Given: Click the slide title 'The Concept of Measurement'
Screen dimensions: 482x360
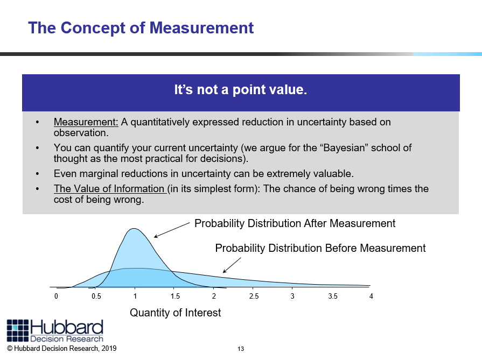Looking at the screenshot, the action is [x=141, y=28].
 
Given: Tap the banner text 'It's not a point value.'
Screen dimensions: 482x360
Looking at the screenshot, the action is [x=241, y=90].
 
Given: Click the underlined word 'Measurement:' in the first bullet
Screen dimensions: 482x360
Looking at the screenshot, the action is [x=86, y=122].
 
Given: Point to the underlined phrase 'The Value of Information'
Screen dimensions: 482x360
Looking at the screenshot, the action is [x=109, y=188].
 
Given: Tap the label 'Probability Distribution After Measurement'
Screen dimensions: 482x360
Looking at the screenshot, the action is [x=295, y=223].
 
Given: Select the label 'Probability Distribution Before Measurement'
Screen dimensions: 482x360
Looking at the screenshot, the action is [x=320, y=248].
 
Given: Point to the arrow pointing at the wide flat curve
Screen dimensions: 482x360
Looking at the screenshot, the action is [x=232, y=265].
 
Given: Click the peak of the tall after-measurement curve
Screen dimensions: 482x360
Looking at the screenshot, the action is [x=134, y=229].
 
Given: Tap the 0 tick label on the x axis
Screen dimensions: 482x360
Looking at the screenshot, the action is [x=56, y=296].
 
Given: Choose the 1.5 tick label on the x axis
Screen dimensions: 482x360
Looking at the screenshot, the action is [x=175, y=296].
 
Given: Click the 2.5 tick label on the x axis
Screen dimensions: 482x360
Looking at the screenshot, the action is [x=254, y=296].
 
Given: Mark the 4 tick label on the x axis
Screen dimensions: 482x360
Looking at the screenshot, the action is [x=371, y=296].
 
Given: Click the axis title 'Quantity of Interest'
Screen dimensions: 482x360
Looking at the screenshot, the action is [x=175, y=313].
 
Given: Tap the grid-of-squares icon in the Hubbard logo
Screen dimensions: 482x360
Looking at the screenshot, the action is [x=18, y=330].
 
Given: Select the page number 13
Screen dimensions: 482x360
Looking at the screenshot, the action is [x=241, y=349].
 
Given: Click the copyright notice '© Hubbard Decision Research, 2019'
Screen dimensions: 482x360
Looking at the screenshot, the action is [x=62, y=348].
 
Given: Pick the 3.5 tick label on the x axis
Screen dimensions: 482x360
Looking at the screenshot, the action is [x=333, y=296].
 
